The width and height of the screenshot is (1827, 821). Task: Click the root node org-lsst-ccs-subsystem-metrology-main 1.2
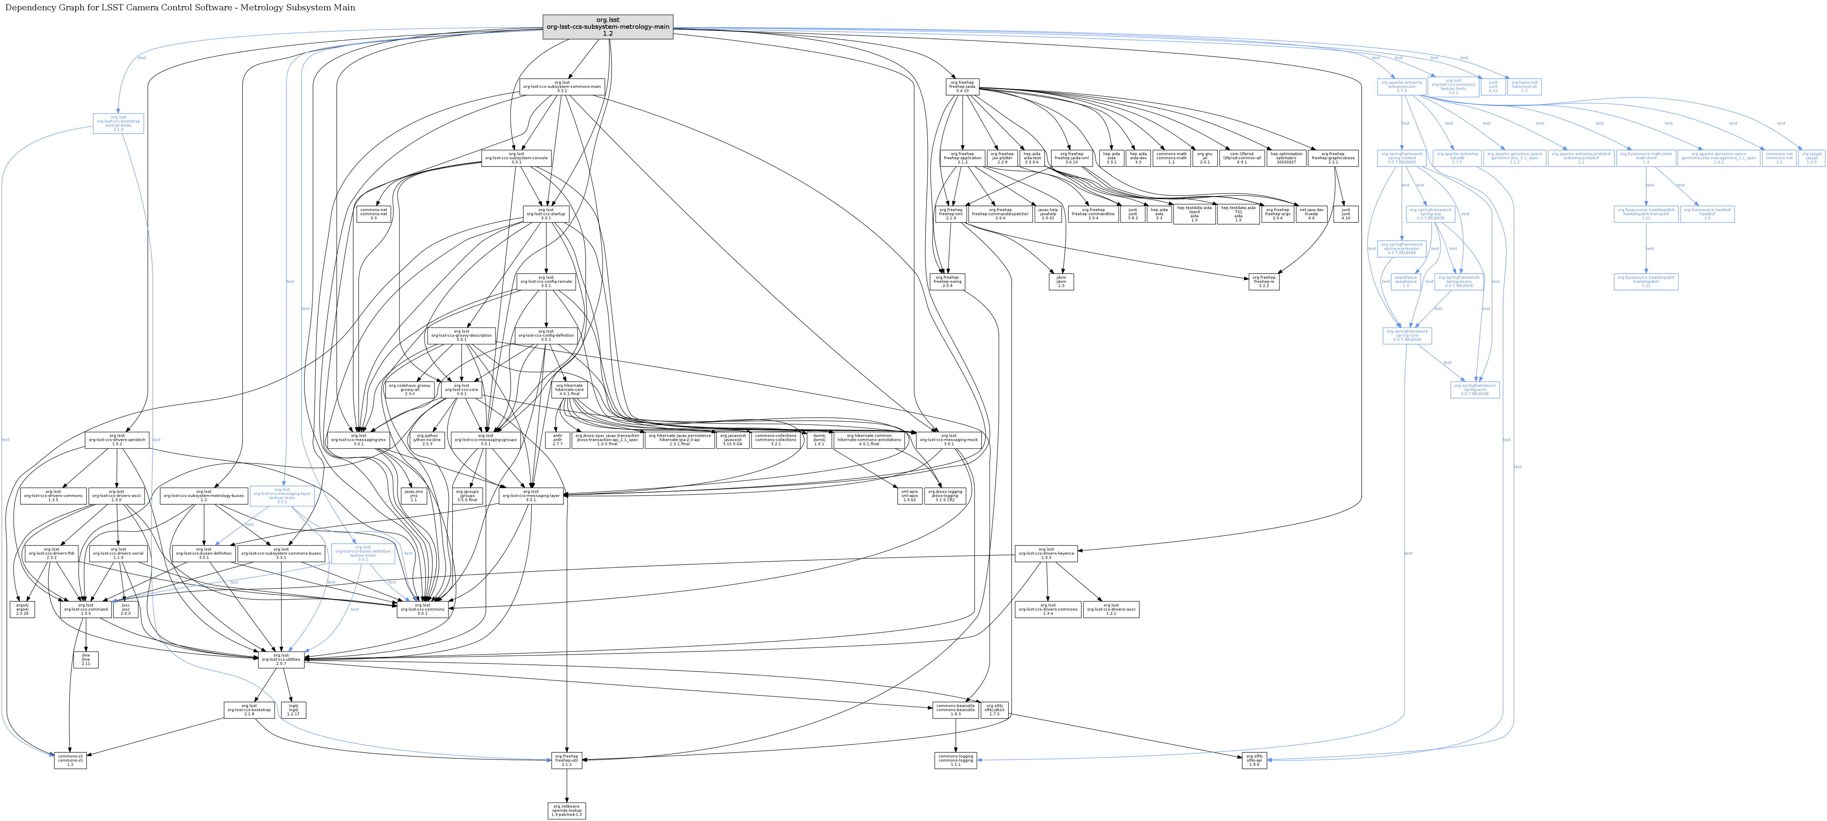point(607,27)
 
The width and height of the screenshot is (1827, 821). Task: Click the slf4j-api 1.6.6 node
point(1254,760)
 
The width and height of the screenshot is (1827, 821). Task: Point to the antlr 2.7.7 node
point(557,440)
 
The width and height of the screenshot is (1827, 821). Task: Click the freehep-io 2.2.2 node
point(1264,282)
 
